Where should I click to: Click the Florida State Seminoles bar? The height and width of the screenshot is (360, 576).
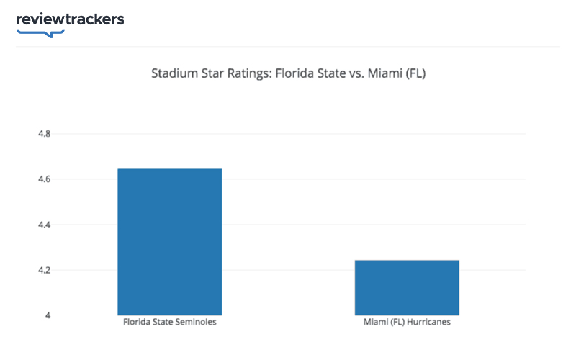point(170,242)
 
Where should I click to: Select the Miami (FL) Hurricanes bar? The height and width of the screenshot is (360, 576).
point(407,287)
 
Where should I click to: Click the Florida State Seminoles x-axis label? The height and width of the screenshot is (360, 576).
point(170,323)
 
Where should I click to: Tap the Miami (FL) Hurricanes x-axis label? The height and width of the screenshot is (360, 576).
point(407,323)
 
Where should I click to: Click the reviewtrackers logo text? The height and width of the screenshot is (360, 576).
point(70,19)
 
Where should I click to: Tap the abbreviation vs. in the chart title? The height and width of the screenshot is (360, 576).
point(359,73)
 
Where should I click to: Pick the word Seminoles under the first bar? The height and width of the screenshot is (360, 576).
point(194,323)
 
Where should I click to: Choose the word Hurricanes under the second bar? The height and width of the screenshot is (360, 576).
point(428,323)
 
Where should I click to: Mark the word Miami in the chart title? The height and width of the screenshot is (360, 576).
point(387,73)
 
